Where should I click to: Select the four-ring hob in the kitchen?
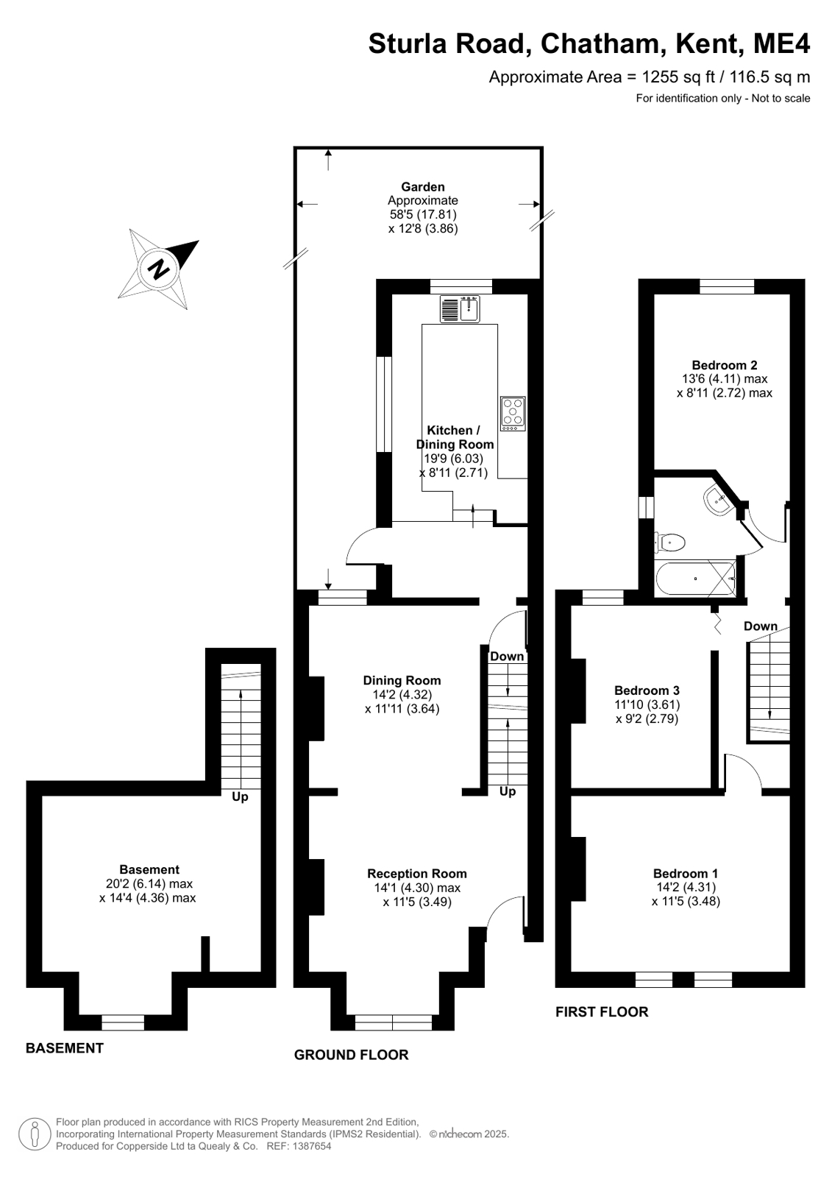click(513, 414)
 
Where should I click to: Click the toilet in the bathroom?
click(669, 542)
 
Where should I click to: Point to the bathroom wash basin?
click(717, 500)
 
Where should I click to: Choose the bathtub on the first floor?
click(695, 579)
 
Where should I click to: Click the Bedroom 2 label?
click(725, 364)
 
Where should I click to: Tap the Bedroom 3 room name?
click(647, 690)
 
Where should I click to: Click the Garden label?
click(423, 186)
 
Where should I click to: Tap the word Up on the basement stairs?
click(240, 797)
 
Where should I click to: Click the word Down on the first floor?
click(761, 626)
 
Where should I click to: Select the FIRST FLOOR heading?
click(602, 1011)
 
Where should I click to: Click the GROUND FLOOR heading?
click(351, 1055)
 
